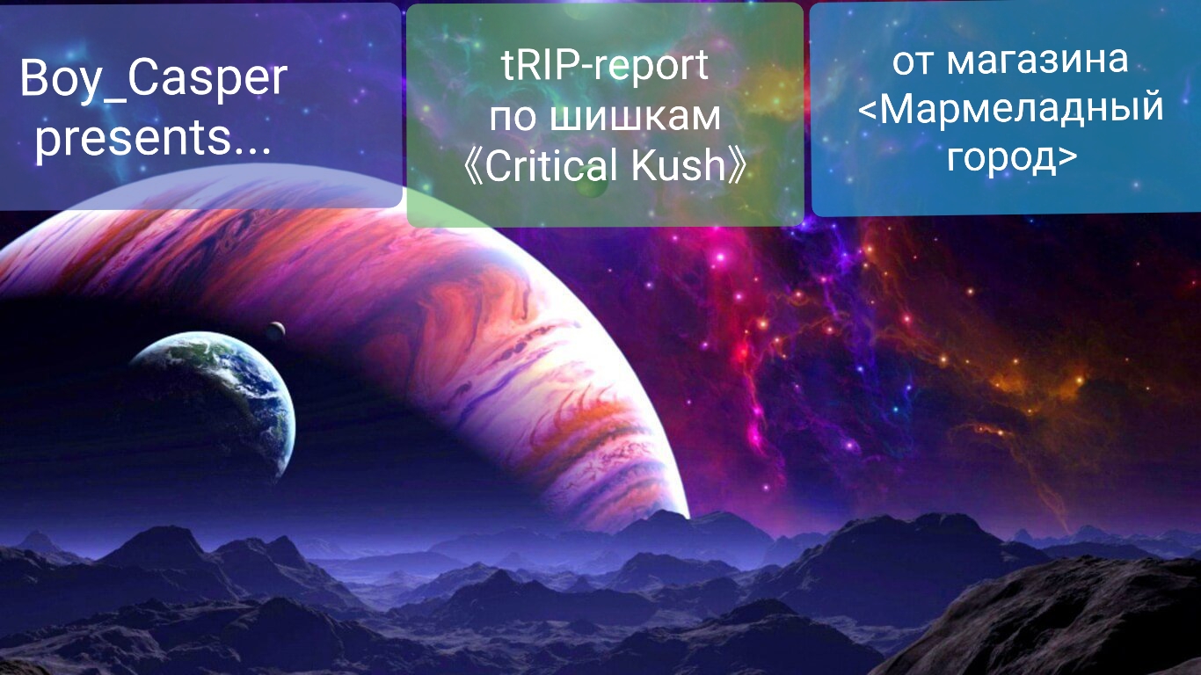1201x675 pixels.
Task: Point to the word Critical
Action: tap(552, 165)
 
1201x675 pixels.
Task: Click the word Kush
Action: tap(679, 165)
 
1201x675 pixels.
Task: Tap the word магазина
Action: tap(1037, 61)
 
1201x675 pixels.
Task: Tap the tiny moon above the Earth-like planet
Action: tap(275, 330)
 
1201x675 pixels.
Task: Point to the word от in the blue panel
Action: tap(914, 62)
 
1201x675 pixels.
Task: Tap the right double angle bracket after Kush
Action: tap(739, 166)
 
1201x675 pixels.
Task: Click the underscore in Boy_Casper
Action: tap(113, 102)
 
